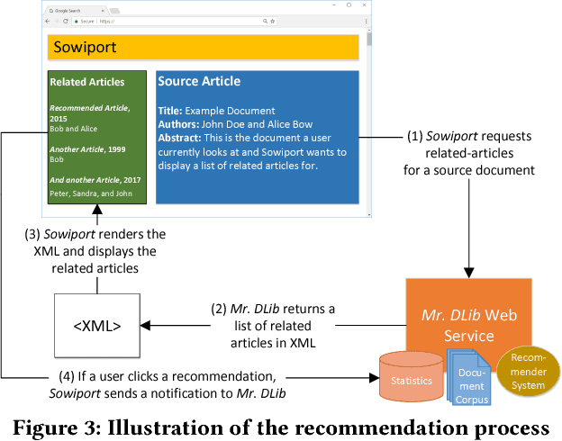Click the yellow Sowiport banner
click(204, 47)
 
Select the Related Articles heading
click(87, 82)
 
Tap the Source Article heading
click(199, 81)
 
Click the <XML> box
click(97, 324)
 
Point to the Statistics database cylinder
click(412, 380)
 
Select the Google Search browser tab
click(72, 9)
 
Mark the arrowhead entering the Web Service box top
click(467, 271)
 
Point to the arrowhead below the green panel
click(96, 212)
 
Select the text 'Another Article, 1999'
click(86, 148)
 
